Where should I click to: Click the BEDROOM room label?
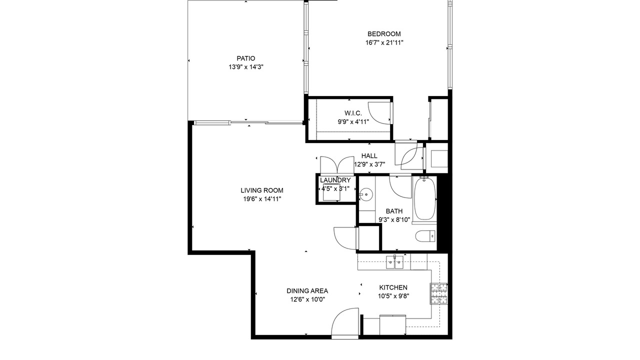pos(384,34)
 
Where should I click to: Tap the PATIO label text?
pos(245,58)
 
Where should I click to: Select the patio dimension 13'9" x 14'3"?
pos(245,67)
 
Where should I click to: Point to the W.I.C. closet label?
pos(353,113)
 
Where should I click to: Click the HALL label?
pos(369,156)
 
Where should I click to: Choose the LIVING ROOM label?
pos(262,190)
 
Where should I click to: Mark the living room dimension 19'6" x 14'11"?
pos(262,199)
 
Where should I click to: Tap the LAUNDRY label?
pos(335,180)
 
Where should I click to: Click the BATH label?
pos(394,211)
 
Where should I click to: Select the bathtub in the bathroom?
pos(425,199)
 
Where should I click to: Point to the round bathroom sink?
pos(366,195)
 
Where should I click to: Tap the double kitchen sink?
pos(394,262)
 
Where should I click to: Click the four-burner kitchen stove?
pos(439,293)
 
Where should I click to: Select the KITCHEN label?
pos(393,287)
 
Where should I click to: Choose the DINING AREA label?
pos(307,291)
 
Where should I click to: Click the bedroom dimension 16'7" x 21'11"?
pos(384,43)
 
